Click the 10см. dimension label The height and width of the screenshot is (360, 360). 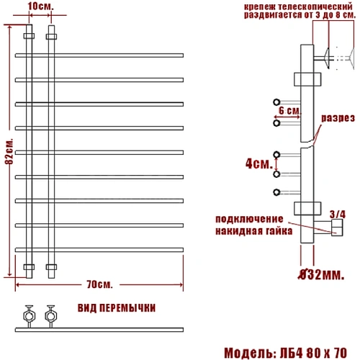pyautogui.click(x=39, y=6)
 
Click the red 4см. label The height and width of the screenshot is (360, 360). pyautogui.click(x=257, y=164)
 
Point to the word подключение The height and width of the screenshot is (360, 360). pyautogui.click(x=248, y=219)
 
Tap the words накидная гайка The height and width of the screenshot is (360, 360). pyautogui.click(x=253, y=232)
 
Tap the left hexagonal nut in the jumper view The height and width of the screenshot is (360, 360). pyautogui.click(x=28, y=314)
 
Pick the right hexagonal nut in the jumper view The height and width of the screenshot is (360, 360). pyautogui.click(x=50, y=314)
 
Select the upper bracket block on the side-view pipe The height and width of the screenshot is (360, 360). pyautogui.click(x=305, y=78)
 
